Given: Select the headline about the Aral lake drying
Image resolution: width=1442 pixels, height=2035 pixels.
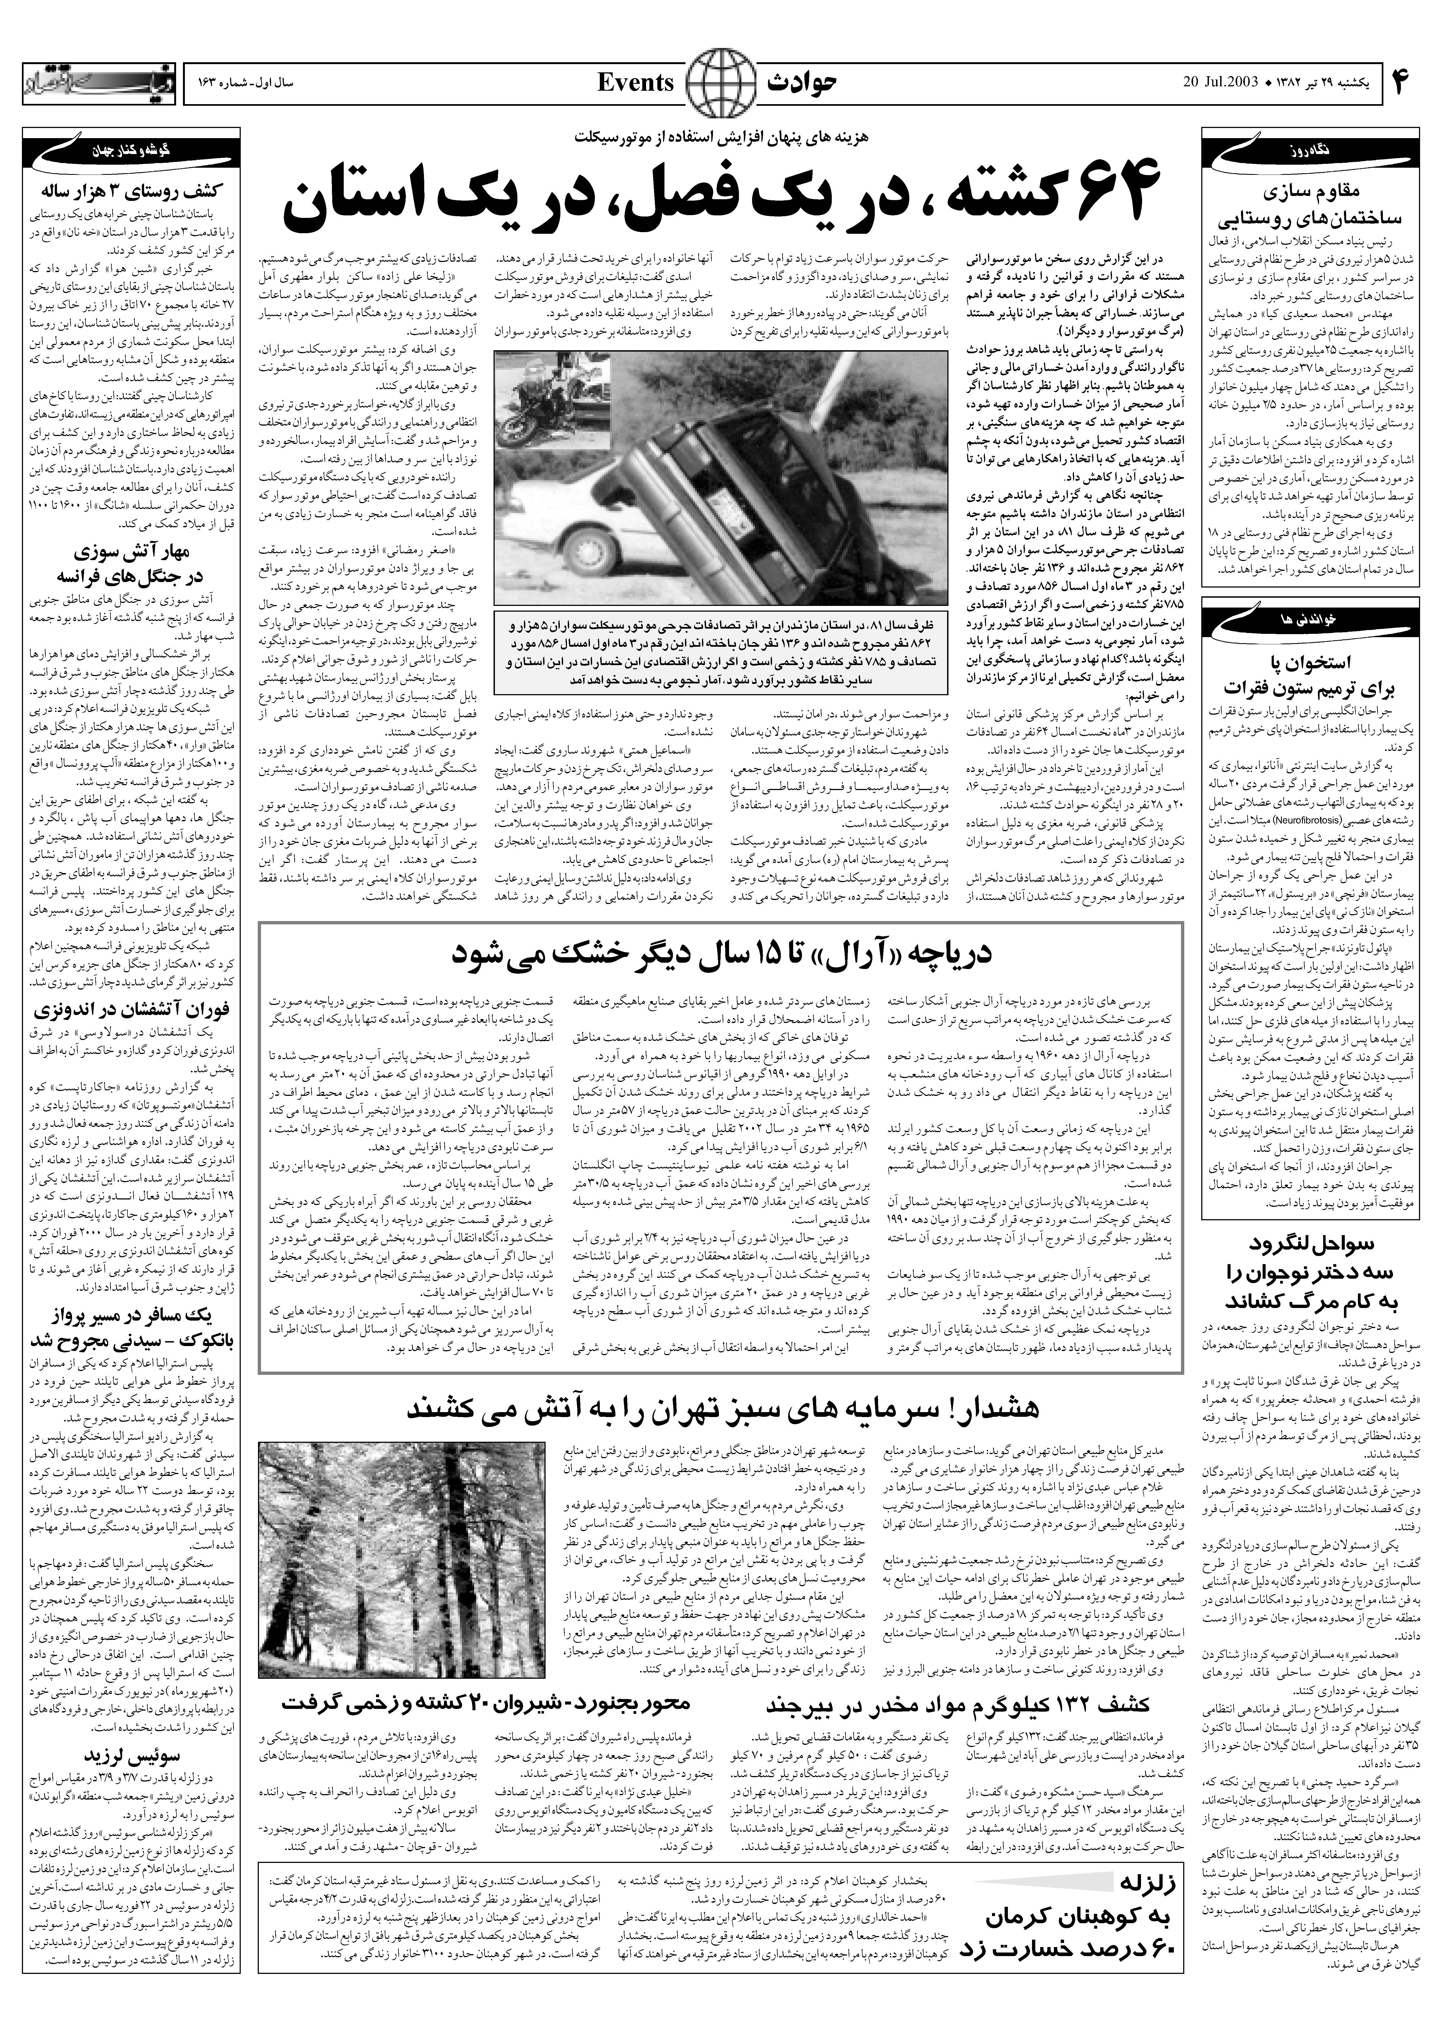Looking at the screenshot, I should pos(721,955).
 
